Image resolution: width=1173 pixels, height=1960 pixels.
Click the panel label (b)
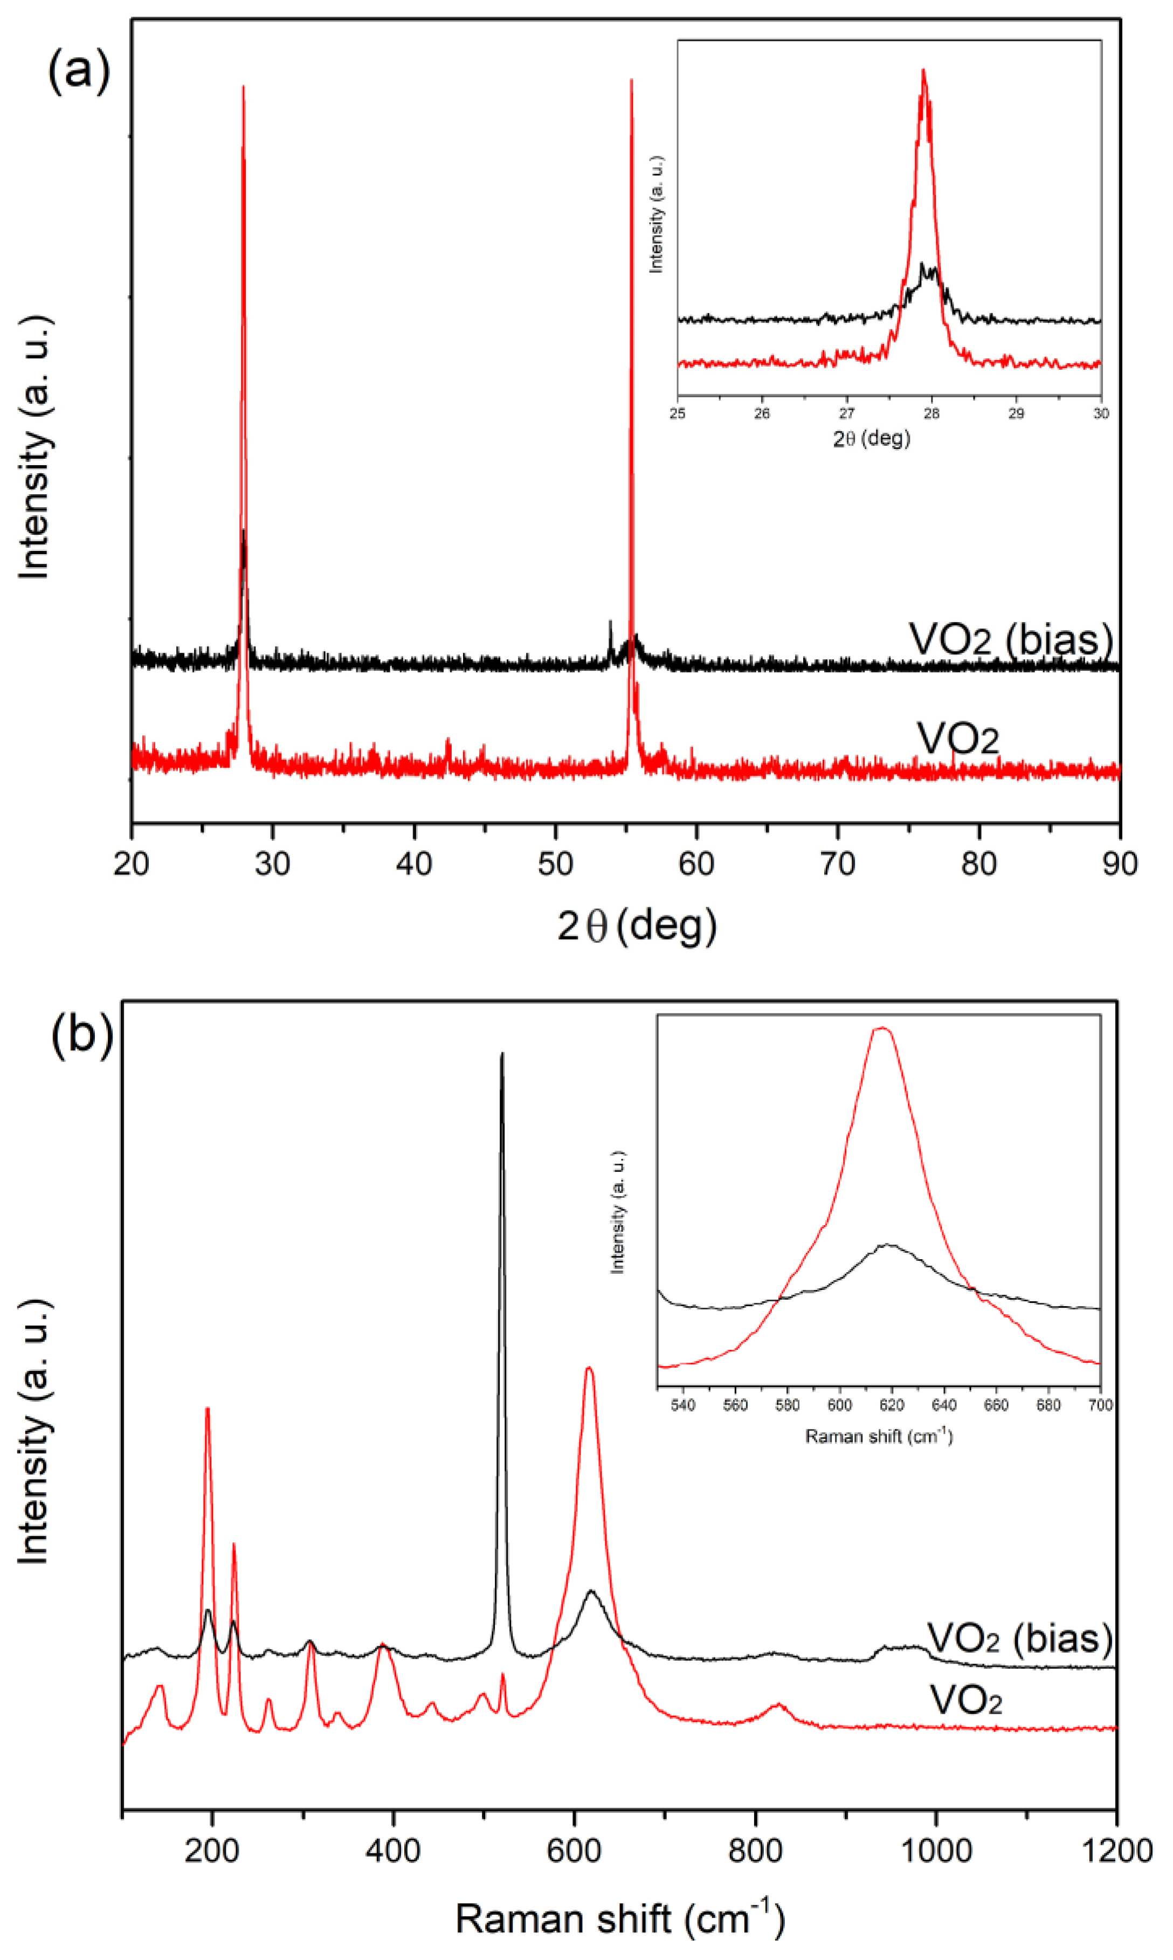coord(81,1034)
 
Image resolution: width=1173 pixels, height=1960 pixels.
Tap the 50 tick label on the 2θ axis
coord(555,864)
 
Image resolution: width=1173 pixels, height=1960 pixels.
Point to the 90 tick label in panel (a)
coord(1119,864)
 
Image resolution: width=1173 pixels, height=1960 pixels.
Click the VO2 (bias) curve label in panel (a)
coord(1011,639)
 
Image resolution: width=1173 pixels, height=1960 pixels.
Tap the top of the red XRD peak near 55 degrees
coord(631,81)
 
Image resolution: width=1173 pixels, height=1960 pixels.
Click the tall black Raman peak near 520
coord(502,1055)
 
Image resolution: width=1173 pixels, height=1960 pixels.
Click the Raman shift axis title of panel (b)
coord(620,1918)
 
